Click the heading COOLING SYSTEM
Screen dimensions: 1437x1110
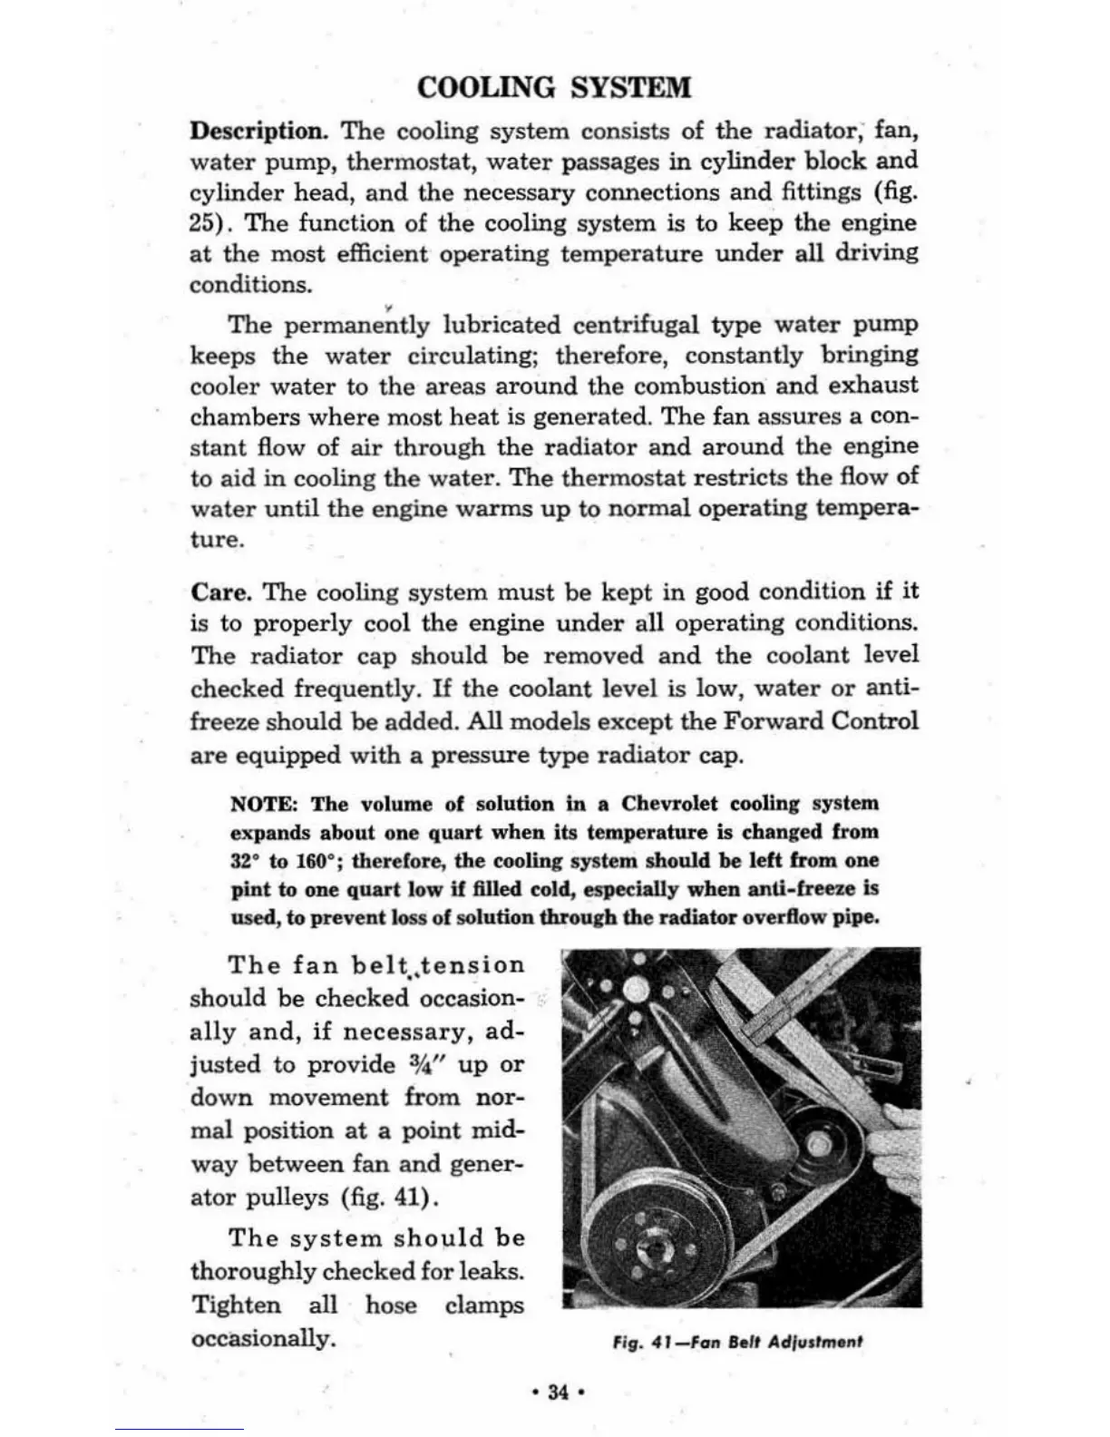pyautogui.click(x=554, y=87)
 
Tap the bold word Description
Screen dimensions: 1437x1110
pyautogui.click(x=258, y=132)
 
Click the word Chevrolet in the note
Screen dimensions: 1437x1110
pyautogui.click(x=669, y=805)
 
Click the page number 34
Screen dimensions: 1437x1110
pyautogui.click(x=558, y=1392)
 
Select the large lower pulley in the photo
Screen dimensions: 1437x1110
pyautogui.click(x=651, y=1238)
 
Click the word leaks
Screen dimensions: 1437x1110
pyautogui.click(x=491, y=1272)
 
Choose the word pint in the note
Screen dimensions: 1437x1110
pyautogui.click(x=250, y=889)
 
